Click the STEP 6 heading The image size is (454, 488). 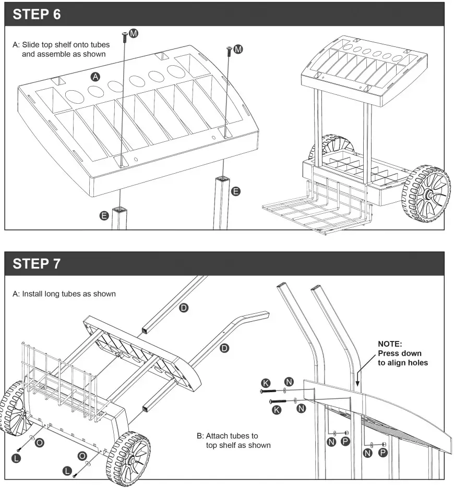coord(37,15)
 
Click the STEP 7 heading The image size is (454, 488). coord(37,264)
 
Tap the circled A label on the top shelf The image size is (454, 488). coord(95,77)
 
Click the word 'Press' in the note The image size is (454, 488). coord(388,353)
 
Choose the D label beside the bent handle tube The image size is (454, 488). coord(225,348)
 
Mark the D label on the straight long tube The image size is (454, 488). coord(183,308)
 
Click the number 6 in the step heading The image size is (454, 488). coord(56,15)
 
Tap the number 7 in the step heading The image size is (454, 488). coord(56,264)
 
